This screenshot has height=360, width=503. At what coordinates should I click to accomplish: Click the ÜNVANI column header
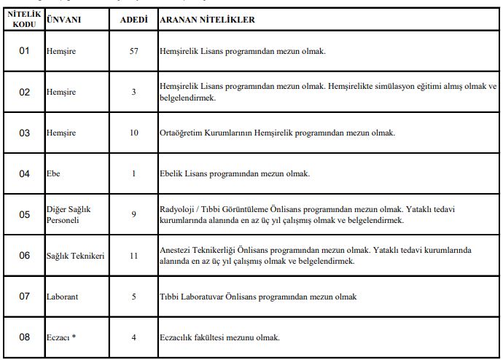(x=63, y=20)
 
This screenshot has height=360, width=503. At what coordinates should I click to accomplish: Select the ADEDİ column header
(x=133, y=20)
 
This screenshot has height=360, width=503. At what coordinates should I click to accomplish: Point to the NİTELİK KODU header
(x=24, y=20)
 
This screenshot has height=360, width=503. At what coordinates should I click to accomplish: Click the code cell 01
(x=24, y=52)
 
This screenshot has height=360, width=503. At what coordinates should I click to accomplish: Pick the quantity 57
(x=133, y=52)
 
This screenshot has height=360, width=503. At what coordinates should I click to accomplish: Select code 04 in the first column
(x=24, y=173)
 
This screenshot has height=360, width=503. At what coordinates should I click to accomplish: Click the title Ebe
(x=53, y=173)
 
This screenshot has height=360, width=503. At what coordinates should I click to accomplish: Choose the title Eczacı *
(x=62, y=337)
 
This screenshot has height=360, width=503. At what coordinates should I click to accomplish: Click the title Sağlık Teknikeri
(x=75, y=256)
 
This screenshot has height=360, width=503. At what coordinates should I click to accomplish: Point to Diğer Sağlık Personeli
(x=69, y=214)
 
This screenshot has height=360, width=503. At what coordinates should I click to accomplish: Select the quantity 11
(x=133, y=256)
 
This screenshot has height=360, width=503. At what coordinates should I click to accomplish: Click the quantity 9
(x=133, y=214)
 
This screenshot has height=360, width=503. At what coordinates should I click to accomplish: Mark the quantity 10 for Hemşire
(x=133, y=133)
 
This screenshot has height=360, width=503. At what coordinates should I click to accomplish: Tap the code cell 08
(x=24, y=337)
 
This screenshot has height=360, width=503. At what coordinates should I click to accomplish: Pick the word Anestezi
(x=175, y=250)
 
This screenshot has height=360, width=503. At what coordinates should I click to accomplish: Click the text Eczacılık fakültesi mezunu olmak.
(x=219, y=337)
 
